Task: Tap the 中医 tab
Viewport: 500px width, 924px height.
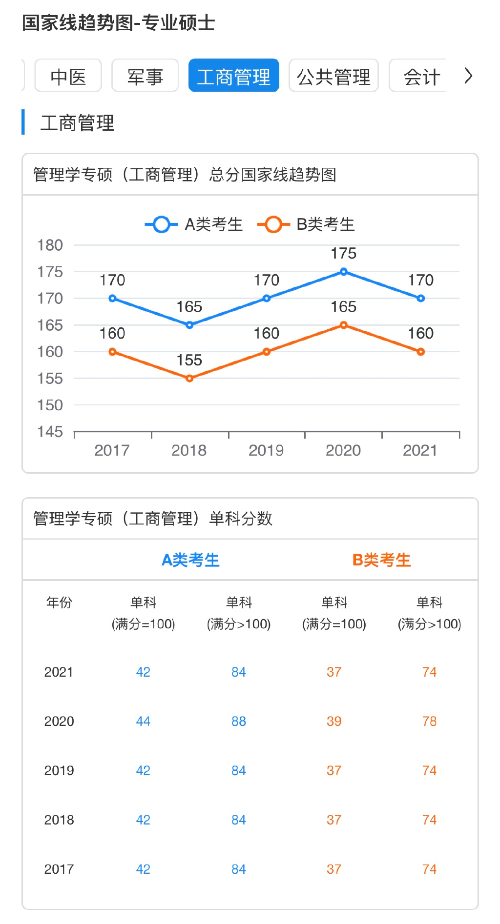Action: coord(68,76)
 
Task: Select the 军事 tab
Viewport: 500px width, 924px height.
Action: coord(145,76)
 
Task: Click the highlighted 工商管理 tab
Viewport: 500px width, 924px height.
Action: coord(233,76)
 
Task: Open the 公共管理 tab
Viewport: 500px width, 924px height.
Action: coord(333,76)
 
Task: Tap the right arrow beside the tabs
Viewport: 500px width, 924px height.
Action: coord(468,76)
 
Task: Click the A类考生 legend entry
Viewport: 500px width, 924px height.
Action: coord(194,224)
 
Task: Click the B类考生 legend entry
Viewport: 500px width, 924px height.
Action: coord(306,224)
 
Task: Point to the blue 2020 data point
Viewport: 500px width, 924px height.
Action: coord(344,272)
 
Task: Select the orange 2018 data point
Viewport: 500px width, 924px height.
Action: coord(189,378)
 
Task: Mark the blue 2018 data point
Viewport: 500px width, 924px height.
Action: coord(189,325)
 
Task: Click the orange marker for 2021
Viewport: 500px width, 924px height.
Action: coord(420,352)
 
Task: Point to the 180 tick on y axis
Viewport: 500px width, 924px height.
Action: coord(50,245)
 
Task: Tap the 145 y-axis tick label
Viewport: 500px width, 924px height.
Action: coord(50,431)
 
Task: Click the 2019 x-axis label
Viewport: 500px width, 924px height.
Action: coord(266,450)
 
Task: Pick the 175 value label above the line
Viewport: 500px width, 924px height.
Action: coord(344,253)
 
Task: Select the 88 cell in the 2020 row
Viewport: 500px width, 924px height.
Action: coord(238,721)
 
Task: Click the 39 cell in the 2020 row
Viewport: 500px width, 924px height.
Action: coord(334,721)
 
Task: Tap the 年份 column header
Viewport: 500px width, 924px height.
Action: coord(59,603)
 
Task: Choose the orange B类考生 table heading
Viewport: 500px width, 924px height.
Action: coord(381,560)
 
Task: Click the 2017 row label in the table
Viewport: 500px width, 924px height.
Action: coord(59,869)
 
